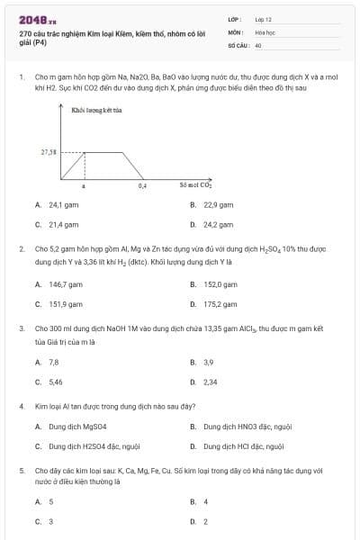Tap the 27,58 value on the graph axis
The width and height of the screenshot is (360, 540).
click(49, 152)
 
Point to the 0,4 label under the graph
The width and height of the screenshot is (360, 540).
click(142, 185)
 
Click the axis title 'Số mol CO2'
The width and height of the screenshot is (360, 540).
click(195, 185)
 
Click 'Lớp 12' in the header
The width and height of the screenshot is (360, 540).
click(263, 19)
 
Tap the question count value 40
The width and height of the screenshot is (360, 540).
click(258, 44)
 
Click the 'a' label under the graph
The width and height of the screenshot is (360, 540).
click(84, 185)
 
